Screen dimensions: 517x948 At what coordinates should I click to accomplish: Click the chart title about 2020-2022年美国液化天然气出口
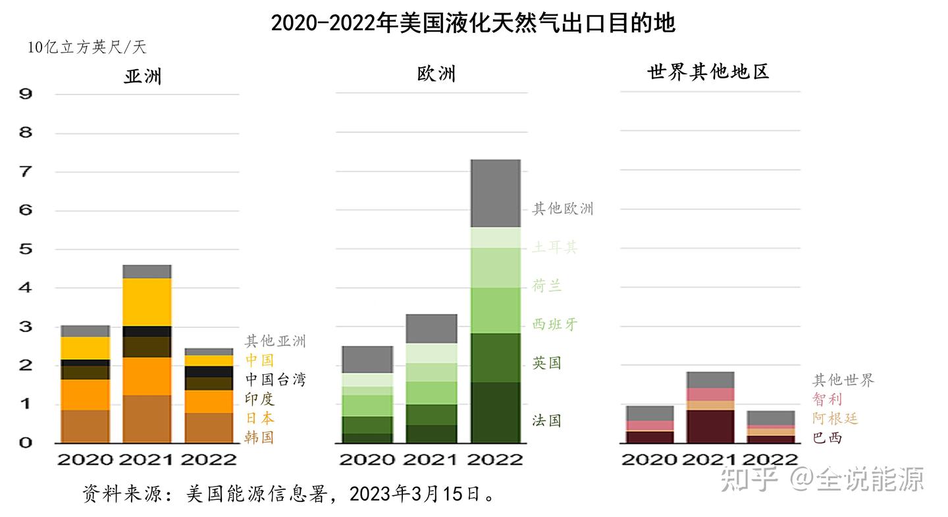pyautogui.click(x=473, y=24)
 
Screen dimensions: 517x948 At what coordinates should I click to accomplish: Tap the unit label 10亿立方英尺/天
pyautogui.click(x=87, y=48)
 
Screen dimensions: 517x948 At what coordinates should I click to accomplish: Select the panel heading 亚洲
pyautogui.click(x=143, y=76)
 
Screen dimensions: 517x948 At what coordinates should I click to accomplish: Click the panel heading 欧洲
pyautogui.click(x=436, y=73)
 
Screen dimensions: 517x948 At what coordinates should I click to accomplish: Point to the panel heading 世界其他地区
pyautogui.click(x=708, y=72)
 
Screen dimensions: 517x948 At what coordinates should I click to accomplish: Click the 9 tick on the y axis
pyautogui.click(x=26, y=94)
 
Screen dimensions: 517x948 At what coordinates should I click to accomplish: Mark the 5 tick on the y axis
pyautogui.click(x=26, y=249)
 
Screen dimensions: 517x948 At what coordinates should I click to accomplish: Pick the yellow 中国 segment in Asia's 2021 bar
pyautogui.click(x=147, y=302)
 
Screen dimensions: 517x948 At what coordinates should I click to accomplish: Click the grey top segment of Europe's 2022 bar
pyautogui.click(x=496, y=193)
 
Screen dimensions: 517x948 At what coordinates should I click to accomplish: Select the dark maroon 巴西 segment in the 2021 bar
pyautogui.click(x=710, y=426)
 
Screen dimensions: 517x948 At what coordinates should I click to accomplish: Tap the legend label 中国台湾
pyautogui.click(x=275, y=379)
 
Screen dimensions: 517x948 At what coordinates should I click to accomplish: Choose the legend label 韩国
pyautogui.click(x=259, y=437)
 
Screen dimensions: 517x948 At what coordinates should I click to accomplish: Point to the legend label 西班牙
pyautogui.click(x=554, y=325)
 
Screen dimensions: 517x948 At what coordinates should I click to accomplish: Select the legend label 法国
pyautogui.click(x=546, y=421)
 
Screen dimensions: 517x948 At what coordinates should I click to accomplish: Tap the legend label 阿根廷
pyautogui.click(x=835, y=418)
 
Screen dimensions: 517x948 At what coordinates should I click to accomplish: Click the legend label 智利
pyautogui.click(x=827, y=399)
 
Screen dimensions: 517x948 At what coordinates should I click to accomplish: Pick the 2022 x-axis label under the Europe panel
pyautogui.click(x=496, y=458)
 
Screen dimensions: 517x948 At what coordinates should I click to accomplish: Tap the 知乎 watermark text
pyautogui.click(x=750, y=479)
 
